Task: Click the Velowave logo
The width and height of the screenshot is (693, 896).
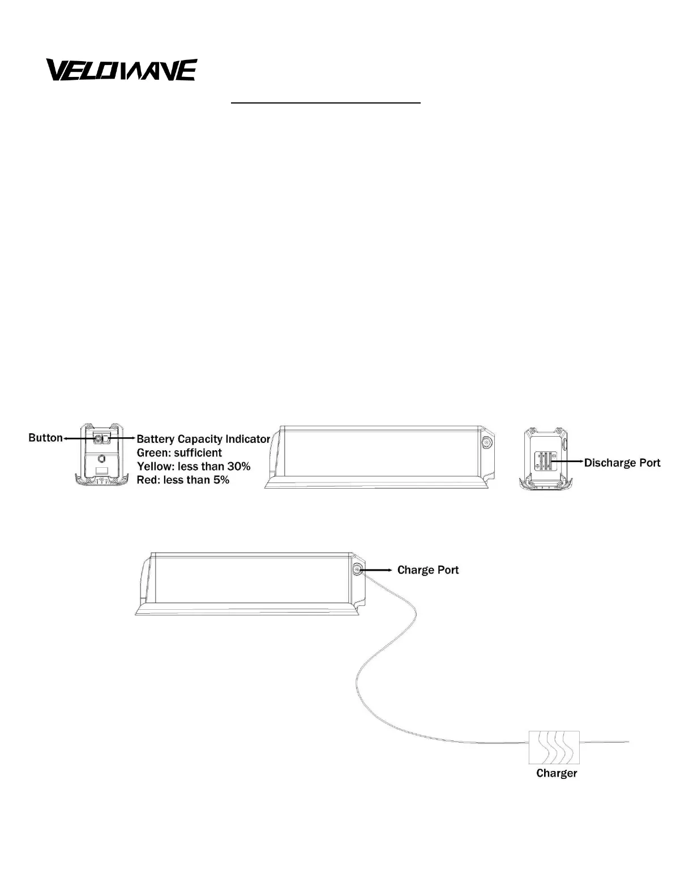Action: pyautogui.click(x=121, y=70)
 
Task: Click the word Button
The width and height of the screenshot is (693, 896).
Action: pyautogui.click(x=45, y=438)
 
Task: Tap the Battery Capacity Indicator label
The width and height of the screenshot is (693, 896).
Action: pyautogui.click(x=203, y=439)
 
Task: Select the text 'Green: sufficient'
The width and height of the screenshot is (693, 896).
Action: pyautogui.click(x=179, y=453)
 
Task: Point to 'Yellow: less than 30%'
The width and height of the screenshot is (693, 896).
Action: pyautogui.click(x=194, y=467)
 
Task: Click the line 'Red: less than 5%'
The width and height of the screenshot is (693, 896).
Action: pyautogui.click(x=183, y=480)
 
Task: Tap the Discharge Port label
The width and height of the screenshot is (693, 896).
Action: pyautogui.click(x=622, y=463)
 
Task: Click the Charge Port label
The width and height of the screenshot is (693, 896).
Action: pyautogui.click(x=428, y=570)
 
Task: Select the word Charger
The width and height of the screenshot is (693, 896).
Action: pyautogui.click(x=557, y=773)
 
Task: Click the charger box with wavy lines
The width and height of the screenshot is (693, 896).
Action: pyautogui.click(x=554, y=747)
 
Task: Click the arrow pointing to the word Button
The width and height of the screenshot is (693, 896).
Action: pyautogui.click(x=78, y=438)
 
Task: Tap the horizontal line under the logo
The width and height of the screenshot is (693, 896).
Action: pyautogui.click(x=326, y=104)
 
